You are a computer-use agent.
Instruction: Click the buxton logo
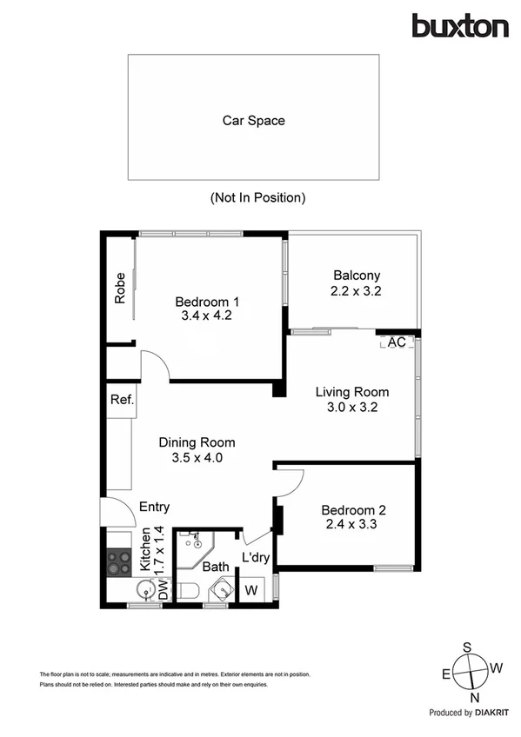click(x=460, y=26)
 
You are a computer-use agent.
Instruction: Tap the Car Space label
click(x=253, y=121)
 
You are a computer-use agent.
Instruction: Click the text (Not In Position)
click(x=257, y=197)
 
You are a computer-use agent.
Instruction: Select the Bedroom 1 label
click(x=207, y=302)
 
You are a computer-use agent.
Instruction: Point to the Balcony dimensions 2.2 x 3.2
click(x=356, y=292)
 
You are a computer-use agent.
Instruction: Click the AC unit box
click(x=397, y=342)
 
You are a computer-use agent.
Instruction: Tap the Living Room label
click(x=351, y=392)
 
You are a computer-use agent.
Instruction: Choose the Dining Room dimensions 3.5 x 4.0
click(x=197, y=457)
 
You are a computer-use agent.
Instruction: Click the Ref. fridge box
click(x=121, y=400)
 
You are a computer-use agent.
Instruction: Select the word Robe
click(x=120, y=289)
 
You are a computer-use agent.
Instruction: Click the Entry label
click(x=154, y=508)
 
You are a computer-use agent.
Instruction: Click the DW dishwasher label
click(x=163, y=591)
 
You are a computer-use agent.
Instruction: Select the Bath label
click(x=216, y=567)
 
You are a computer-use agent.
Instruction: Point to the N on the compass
click(x=476, y=698)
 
